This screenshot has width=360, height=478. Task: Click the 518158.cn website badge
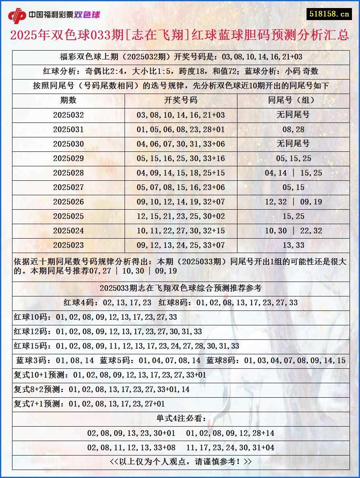[x=329, y=14]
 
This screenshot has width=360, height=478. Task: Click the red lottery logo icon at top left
[x=17, y=15]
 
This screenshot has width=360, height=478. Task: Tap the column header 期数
[x=68, y=100]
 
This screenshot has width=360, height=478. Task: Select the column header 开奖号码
[x=181, y=100]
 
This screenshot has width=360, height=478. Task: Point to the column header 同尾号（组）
[x=293, y=100]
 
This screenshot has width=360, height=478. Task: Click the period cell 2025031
[x=68, y=129]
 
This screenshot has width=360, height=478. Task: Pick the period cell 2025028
[x=68, y=173]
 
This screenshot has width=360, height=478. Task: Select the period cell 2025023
[x=68, y=245]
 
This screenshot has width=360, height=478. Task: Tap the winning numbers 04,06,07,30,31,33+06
[x=181, y=144]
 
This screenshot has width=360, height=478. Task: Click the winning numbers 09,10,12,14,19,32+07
[x=181, y=202]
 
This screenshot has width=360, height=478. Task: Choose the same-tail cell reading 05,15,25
[x=293, y=158]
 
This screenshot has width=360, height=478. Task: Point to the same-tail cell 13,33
[x=293, y=245]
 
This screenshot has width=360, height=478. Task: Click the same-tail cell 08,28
[x=293, y=129]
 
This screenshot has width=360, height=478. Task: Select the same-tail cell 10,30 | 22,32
[x=293, y=231]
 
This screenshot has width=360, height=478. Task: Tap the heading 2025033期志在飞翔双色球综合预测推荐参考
[x=180, y=288]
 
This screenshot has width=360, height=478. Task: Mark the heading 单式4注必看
[x=181, y=419]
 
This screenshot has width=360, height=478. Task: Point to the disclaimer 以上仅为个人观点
[x=181, y=462]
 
